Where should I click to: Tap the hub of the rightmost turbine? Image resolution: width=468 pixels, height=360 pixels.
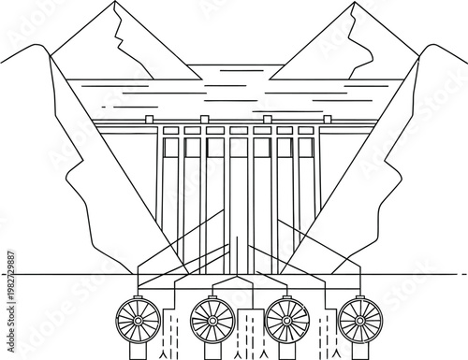point(360,321)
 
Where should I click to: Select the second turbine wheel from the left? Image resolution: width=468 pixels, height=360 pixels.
point(212,321)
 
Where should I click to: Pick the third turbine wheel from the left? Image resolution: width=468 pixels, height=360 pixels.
point(287,321)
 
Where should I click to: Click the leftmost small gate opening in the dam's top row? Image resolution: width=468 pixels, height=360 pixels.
point(169,147)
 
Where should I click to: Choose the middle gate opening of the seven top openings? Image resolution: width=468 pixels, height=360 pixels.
point(238,147)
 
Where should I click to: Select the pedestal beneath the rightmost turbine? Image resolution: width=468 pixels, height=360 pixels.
point(360,351)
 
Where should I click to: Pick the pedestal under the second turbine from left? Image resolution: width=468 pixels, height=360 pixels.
point(212,351)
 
